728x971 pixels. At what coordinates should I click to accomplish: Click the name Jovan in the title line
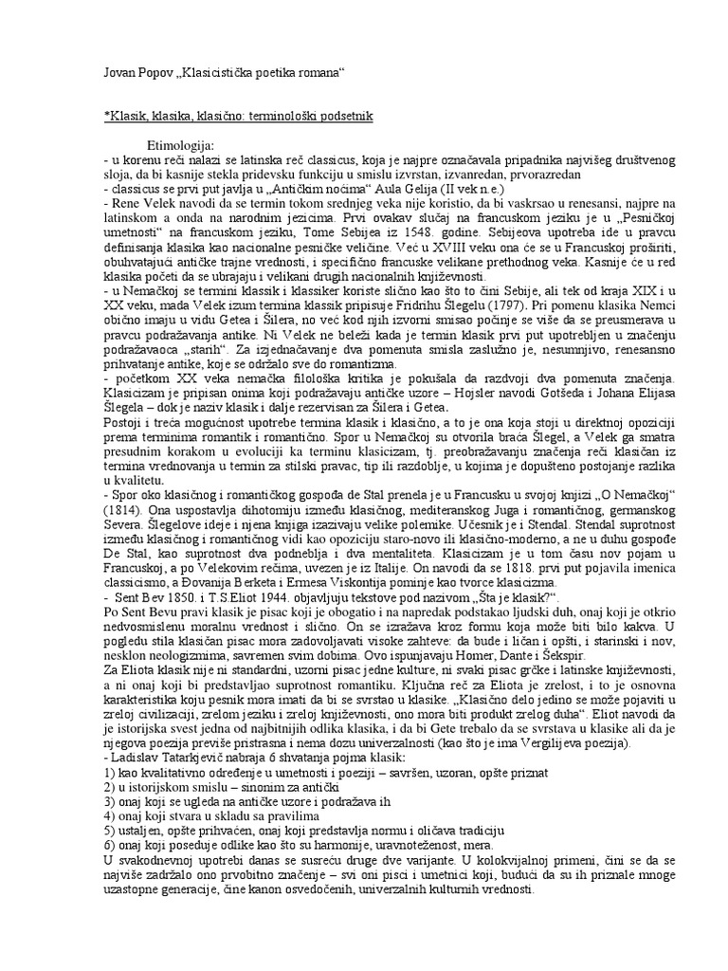[x=118, y=73]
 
